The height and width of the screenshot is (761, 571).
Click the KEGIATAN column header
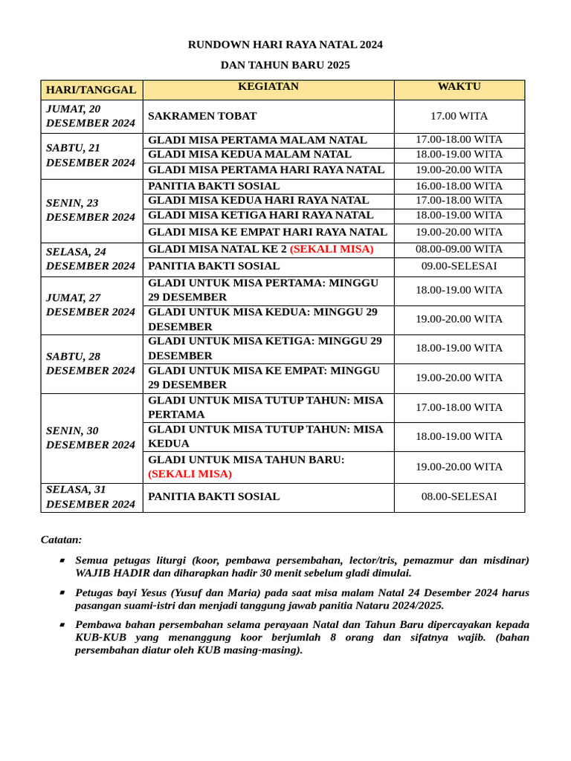coord(268,87)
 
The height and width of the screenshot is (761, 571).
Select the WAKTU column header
coord(459,87)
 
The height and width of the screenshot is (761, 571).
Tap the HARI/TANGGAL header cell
coord(91,90)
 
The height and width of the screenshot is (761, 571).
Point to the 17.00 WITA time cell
coord(459,116)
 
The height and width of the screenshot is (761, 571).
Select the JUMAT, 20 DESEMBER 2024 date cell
coord(91,116)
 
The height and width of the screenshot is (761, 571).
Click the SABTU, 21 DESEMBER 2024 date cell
coord(91,155)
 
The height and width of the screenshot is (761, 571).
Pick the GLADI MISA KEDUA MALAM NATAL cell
coord(250,155)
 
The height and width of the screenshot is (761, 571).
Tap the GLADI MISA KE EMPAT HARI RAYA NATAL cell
coord(268,232)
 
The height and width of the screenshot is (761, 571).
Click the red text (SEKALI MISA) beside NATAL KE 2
coord(332,249)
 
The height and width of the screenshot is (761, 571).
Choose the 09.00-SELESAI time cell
coord(459,266)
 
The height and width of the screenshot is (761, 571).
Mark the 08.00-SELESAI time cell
coord(459,496)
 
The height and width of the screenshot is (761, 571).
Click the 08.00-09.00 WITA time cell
coord(459,249)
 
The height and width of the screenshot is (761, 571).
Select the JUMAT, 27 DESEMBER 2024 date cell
coord(91,305)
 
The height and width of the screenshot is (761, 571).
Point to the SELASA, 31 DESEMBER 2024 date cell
coord(91,496)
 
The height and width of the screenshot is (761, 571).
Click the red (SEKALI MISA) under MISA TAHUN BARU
coord(190,473)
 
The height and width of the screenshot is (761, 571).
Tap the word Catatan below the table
coord(61,540)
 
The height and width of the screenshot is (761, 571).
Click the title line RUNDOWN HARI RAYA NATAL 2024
coord(285,45)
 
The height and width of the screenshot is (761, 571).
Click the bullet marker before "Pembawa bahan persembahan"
coord(62,626)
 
